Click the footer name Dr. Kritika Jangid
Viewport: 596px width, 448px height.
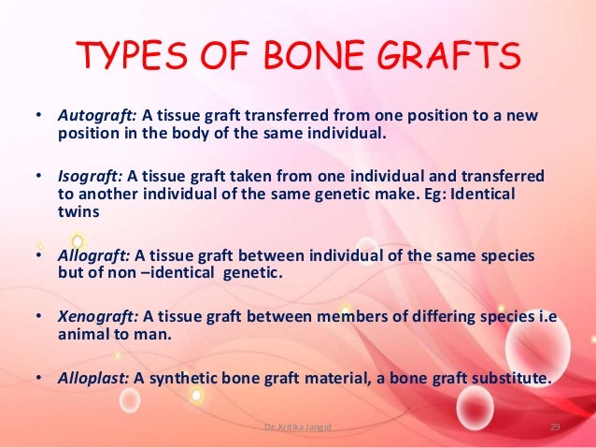[297, 427]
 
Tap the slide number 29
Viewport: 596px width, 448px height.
[554, 427]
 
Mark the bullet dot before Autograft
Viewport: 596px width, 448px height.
[37, 116]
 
